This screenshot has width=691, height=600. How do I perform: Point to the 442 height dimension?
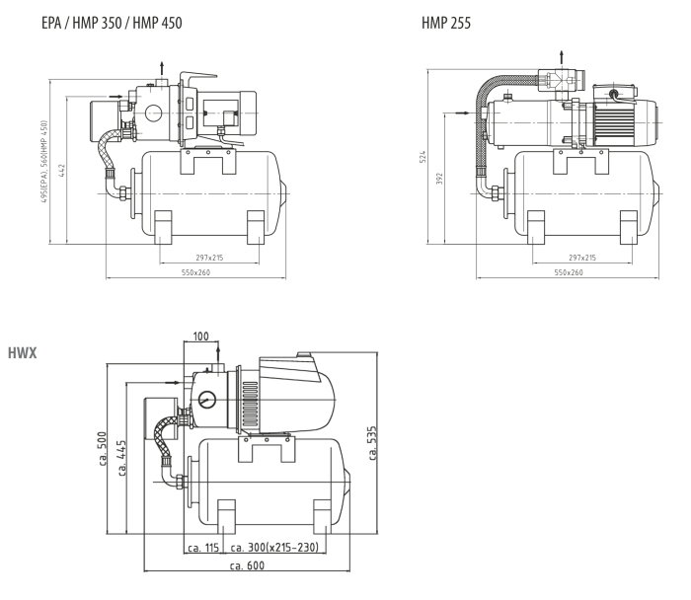click(61, 170)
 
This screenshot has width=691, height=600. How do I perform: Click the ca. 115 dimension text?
click(203, 546)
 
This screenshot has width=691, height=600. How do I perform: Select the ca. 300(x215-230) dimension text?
click(273, 546)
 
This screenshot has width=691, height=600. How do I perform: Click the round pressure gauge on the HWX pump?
click(207, 401)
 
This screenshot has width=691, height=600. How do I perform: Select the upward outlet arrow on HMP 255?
click(563, 55)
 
